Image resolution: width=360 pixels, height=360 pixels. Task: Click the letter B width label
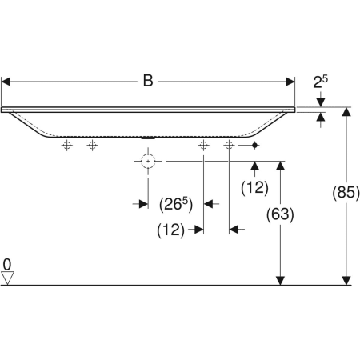point(148,81)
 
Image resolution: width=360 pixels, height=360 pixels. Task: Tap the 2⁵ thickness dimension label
point(320,82)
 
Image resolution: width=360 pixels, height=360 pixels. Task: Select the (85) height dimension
point(346,192)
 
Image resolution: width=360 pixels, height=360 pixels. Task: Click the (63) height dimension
point(280,214)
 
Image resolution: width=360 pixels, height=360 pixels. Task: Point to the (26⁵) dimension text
point(176,205)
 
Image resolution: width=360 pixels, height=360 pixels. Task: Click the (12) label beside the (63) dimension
point(254,187)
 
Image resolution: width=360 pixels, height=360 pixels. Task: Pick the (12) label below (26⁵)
point(170,230)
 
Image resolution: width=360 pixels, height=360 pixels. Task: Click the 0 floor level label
point(7,265)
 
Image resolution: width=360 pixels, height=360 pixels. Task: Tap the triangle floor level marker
point(7,278)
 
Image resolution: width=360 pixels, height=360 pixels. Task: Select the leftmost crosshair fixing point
point(67,146)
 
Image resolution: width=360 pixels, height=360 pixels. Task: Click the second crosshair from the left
point(92,146)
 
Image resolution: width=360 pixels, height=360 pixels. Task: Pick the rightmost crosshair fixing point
point(229,146)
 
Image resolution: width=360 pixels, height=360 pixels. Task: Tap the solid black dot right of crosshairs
point(254,146)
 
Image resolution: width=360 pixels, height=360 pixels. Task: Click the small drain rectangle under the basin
point(148,138)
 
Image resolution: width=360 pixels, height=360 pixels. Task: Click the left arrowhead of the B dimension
point(6,82)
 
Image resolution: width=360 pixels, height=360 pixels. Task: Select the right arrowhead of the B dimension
point(290,82)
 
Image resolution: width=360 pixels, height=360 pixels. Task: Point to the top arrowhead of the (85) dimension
point(346,112)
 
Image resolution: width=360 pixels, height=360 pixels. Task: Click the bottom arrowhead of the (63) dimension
point(280,281)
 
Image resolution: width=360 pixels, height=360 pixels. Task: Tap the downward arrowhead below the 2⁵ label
point(321,102)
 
